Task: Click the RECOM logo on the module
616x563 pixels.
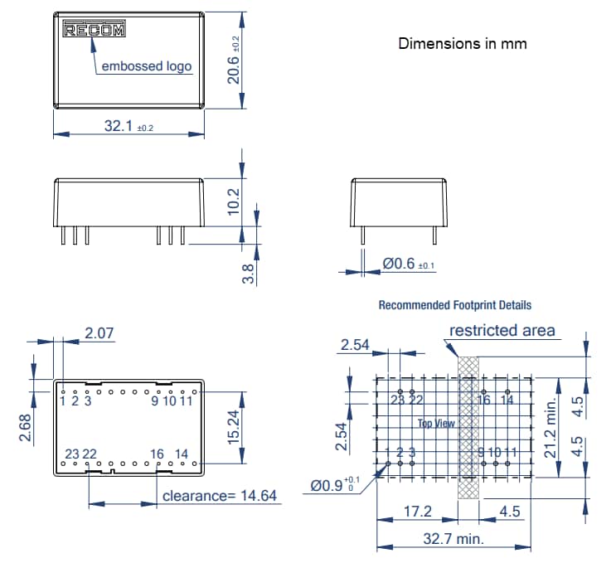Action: pos(95,31)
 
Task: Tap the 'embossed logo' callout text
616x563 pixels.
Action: pos(146,66)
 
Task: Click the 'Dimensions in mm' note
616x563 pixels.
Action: pos(462,43)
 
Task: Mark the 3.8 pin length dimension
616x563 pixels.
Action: pos(248,273)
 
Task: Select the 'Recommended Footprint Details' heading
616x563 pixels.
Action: pos(454,305)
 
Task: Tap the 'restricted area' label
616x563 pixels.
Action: pos(502,331)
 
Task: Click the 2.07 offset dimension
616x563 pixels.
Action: pos(99,333)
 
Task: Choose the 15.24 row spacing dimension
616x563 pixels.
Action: pos(235,425)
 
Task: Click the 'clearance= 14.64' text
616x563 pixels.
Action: pos(220,496)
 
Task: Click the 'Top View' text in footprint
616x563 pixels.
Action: pos(436,423)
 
